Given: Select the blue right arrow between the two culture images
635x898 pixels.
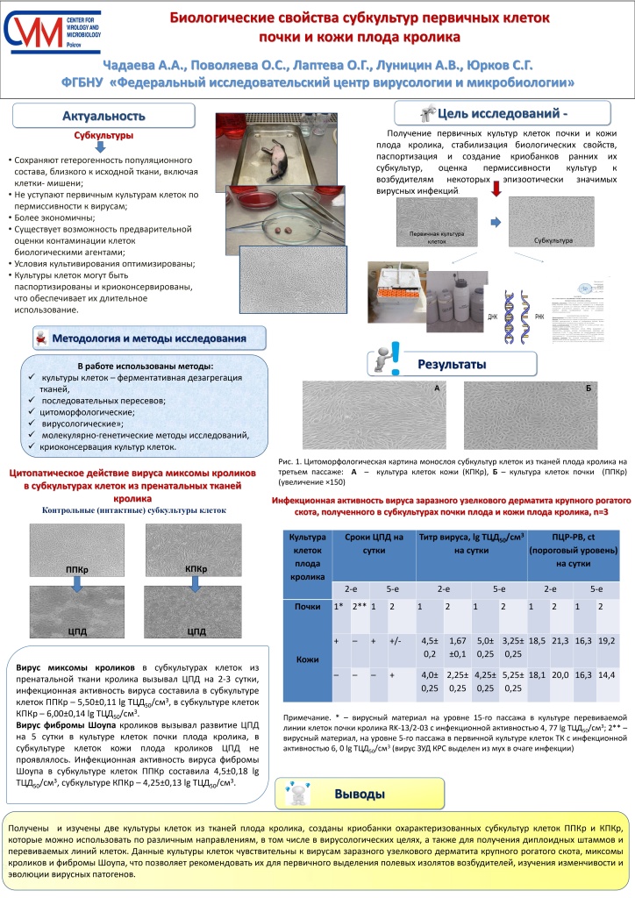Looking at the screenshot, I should point(495,223).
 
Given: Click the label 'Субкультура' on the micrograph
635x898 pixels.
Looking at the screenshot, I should point(553,239).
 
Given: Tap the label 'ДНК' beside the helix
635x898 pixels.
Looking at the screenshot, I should point(503,313).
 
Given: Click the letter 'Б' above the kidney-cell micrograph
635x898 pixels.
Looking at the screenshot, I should point(589,387).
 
